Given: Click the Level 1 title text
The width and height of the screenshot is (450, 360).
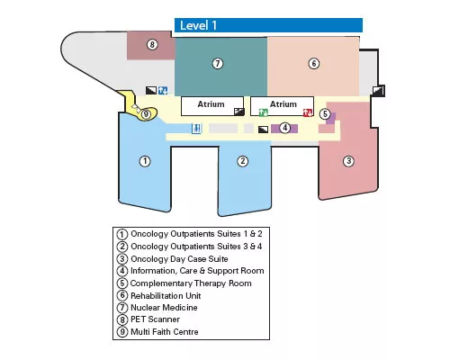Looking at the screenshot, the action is click(198, 25).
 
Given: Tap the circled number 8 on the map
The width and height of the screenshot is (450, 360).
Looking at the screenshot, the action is click(152, 45).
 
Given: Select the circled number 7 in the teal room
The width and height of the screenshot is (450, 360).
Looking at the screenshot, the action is click(218, 64).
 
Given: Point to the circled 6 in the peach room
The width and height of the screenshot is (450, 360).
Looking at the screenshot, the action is click(314, 64).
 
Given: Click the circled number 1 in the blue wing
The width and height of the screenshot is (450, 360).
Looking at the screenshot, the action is click(145, 161).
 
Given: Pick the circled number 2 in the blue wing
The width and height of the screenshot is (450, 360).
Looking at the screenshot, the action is click(243, 161).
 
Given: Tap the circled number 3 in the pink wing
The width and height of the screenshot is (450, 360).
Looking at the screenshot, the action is click(348, 161).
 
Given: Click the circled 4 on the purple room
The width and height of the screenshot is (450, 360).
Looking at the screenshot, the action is click(285, 128).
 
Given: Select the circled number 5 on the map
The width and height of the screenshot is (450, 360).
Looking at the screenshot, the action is click(325, 114).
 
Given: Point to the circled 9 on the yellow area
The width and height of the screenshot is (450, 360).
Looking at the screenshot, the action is click(146, 114).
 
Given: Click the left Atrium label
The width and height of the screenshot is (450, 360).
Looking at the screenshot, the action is click(211, 104).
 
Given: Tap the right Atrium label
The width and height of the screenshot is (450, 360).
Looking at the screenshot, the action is click(283, 104).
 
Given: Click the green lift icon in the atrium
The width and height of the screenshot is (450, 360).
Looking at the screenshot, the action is click(263, 112).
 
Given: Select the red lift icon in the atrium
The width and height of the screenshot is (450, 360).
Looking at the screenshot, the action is click(308, 112).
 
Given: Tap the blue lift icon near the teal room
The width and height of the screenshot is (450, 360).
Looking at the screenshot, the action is click(163, 90).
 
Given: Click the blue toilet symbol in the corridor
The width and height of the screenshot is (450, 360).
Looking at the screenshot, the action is click(196, 129).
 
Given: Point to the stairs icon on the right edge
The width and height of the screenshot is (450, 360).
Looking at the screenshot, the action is click(377, 91).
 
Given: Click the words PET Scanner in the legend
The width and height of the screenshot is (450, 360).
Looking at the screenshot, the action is click(155, 319).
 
